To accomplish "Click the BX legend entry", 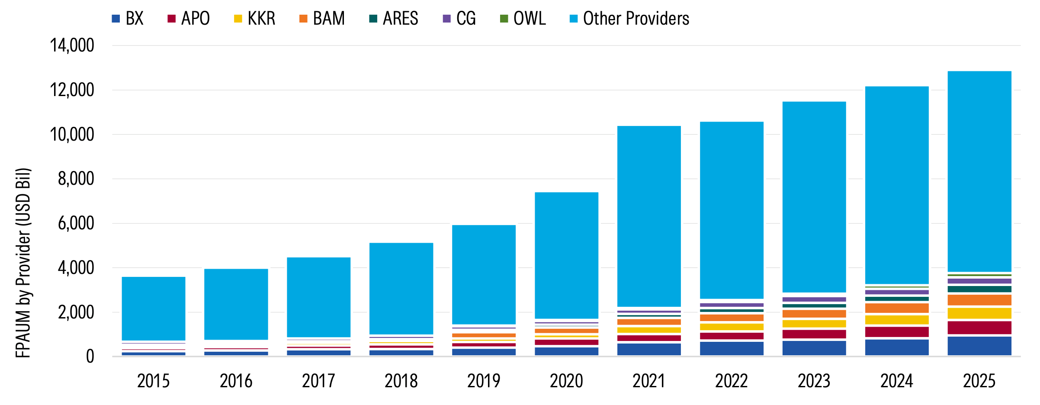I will pyautogui.click(x=128, y=19).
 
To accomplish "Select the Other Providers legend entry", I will pyautogui.click(x=629, y=19).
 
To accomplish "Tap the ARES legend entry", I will pyautogui.click(x=394, y=19).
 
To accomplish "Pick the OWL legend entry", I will pyautogui.click(x=523, y=19).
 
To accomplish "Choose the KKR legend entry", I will pyautogui.click(x=255, y=19).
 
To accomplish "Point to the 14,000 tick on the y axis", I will pyautogui.click(x=72, y=45).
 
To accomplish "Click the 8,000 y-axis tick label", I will pyautogui.click(x=76, y=179).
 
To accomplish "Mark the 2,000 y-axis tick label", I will pyautogui.click(x=76, y=312).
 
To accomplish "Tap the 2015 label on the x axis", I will pyautogui.click(x=153, y=381).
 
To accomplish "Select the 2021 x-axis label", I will pyautogui.click(x=648, y=381).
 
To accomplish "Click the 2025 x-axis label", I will pyautogui.click(x=979, y=381).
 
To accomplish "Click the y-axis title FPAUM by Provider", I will pyautogui.click(x=23, y=263).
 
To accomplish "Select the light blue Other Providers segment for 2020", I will pyautogui.click(x=566, y=255).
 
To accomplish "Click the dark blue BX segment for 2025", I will pyautogui.click(x=979, y=346).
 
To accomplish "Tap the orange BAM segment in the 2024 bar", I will pyautogui.click(x=896, y=308).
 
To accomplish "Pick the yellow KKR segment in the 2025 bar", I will pyautogui.click(x=979, y=313).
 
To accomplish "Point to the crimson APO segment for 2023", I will pyautogui.click(x=814, y=334).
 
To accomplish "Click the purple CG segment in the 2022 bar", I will pyautogui.click(x=731, y=305).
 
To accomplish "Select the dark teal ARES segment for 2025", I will pyautogui.click(x=979, y=289).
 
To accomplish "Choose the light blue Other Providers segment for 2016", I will pyautogui.click(x=236, y=304).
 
